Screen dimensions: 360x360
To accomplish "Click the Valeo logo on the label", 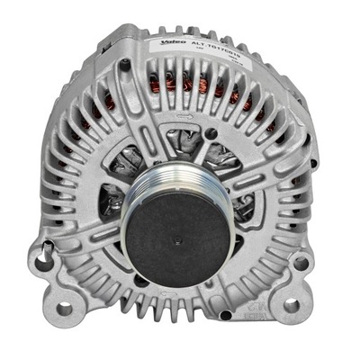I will [175, 42].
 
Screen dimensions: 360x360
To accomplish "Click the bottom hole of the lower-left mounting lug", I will [64, 309].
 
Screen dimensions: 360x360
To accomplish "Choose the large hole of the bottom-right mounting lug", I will [291, 305].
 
